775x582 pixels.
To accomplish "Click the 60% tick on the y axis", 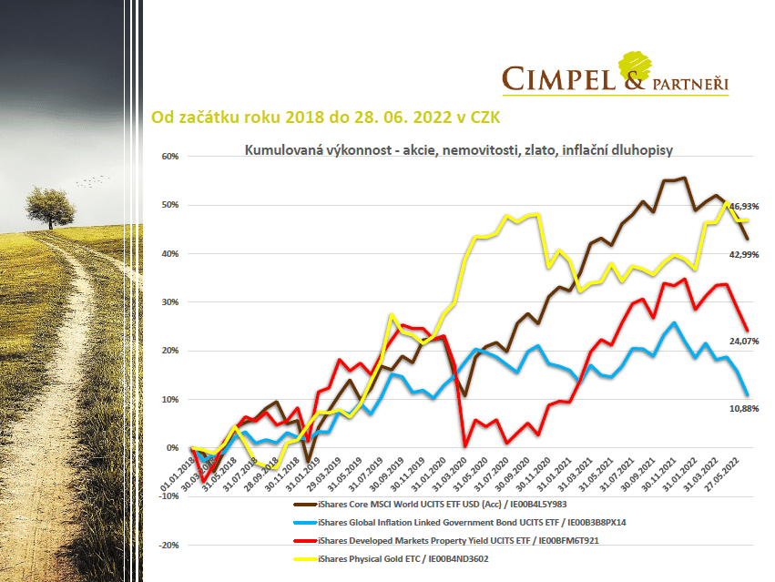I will point(171,156).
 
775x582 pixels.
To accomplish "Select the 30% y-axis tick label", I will point(171,301).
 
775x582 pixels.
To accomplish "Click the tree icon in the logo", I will point(638,65).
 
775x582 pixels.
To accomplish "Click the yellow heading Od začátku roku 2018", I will point(325,117).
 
